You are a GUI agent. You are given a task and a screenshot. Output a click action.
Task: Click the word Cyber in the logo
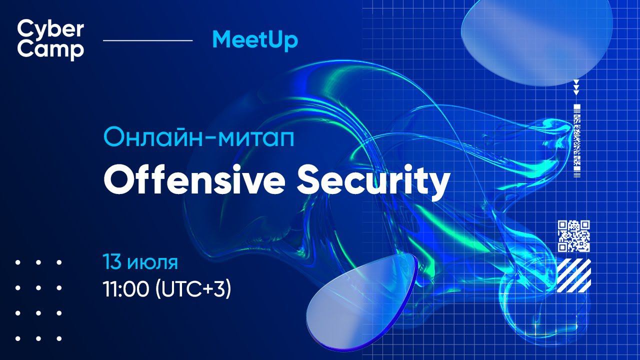50,29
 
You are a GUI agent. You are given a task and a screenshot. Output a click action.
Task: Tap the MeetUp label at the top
254,40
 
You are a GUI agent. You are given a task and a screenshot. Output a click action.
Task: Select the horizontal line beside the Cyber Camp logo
147,40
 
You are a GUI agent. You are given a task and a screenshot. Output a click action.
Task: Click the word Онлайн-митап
198,136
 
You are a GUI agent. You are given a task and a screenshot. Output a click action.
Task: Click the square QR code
573,236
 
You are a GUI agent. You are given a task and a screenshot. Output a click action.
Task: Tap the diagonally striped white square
573,275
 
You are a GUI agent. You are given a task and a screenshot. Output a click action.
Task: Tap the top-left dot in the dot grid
18,262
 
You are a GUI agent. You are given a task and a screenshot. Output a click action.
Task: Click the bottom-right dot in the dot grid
59,338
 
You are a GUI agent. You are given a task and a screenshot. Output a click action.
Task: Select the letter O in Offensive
116,181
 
